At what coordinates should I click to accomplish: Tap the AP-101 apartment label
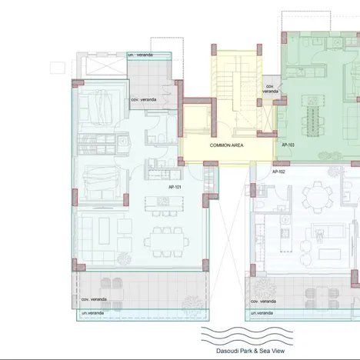tap(175, 186)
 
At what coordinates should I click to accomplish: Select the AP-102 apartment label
tap(278, 172)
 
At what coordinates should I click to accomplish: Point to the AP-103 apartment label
tap(288, 145)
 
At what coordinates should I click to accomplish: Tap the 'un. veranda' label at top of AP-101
tap(139, 55)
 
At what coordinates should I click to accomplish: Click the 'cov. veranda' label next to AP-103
tap(271, 88)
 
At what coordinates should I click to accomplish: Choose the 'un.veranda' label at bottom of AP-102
tap(262, 315)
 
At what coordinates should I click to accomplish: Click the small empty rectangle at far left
tap(56, 68)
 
